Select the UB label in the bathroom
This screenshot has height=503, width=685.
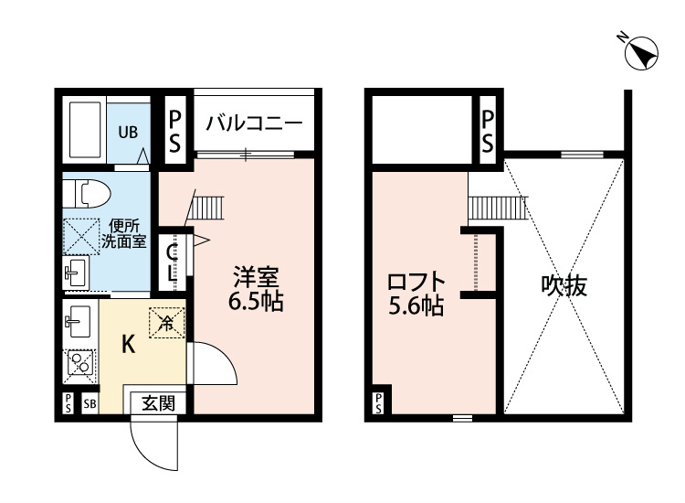[x=127, y=131]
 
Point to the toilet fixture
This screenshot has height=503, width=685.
[x=88, y=194]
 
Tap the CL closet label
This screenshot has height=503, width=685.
[x=172, y=260]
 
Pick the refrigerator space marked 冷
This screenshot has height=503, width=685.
[x=166, y=322]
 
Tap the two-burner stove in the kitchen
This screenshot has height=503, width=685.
[x=80, y=363]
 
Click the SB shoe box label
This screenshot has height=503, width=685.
[x=90, y=403]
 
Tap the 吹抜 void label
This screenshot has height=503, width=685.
[x=564, y=286]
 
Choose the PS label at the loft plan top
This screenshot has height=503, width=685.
[x=488, y=131]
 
